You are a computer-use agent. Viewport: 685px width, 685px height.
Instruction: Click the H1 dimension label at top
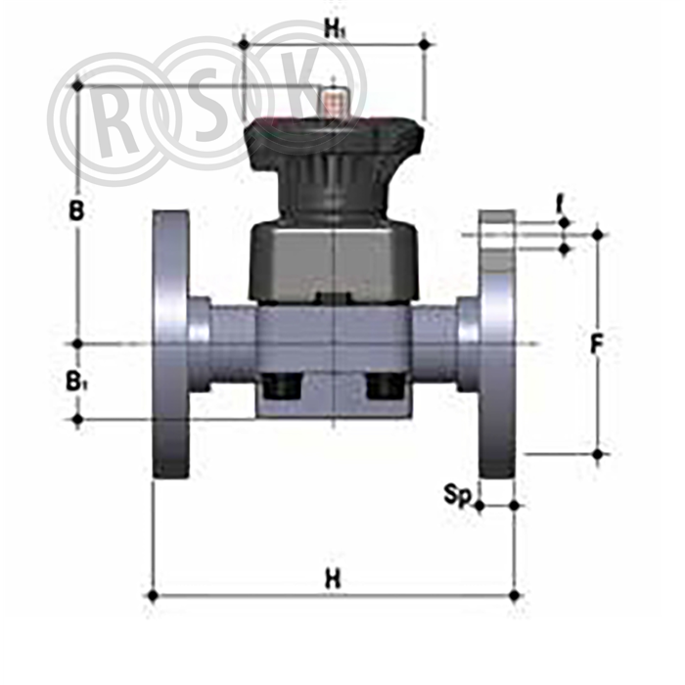pos(335,29)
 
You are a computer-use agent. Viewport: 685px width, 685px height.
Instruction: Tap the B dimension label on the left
pos(76,210)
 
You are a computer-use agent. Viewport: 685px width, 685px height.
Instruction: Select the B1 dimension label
pos(76,380)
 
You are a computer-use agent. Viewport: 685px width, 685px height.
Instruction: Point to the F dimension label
pos(596,343)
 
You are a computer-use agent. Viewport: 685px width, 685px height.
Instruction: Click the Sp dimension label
pos(457,495)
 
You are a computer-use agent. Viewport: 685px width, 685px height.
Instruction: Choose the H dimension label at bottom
pos(333,579)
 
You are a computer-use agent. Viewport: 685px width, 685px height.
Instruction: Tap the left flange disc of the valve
pos(171,343)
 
